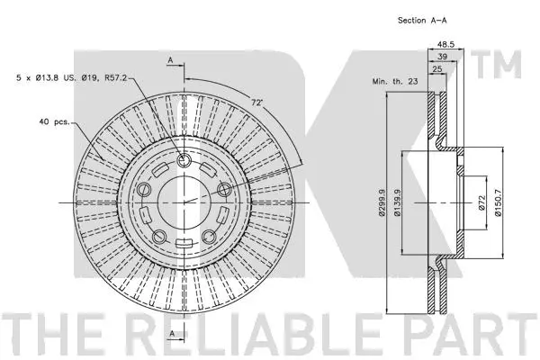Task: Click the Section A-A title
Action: pyautogui.click(x=424, y=19)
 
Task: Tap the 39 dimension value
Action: pyautogui.click(x=443, y=55)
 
